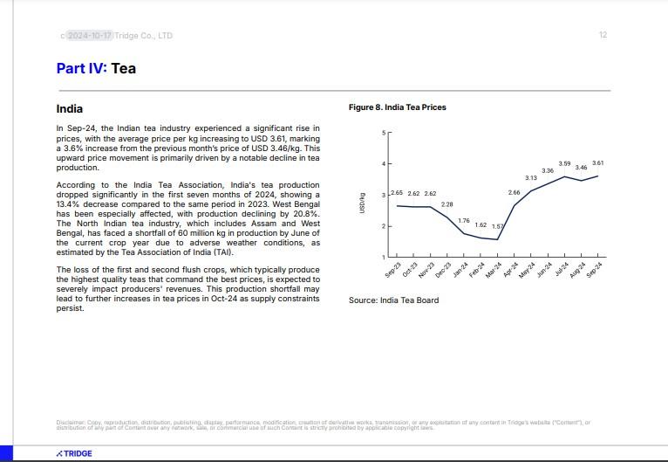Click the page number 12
[603, 35]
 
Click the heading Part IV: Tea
[96, 68]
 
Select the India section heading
[70, 109]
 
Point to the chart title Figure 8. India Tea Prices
[397, 107]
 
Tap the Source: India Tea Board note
[393, 300]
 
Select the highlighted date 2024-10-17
[90, 35]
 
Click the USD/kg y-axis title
[361, 202]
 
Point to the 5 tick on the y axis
[383, 133]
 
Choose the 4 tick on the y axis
[383, 164]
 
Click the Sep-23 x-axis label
[393, 269]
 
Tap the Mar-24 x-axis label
[494, 269]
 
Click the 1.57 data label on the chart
[497, 226]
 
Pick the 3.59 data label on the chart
[564, 163]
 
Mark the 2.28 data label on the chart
[446, 203]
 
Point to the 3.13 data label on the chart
[530, 177]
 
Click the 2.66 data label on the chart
[514, 192]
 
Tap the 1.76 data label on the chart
[464, 220]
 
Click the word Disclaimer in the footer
[71, 423]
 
